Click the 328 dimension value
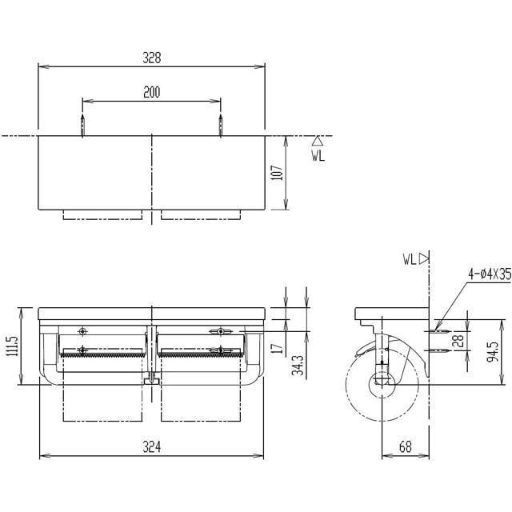click(x=152, y=58)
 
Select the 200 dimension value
click(x=152, y=93)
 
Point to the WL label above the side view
click(x=411, y=258)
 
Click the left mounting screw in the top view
click(x=83, y=126)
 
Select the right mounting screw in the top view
click(x=221, y=126)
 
